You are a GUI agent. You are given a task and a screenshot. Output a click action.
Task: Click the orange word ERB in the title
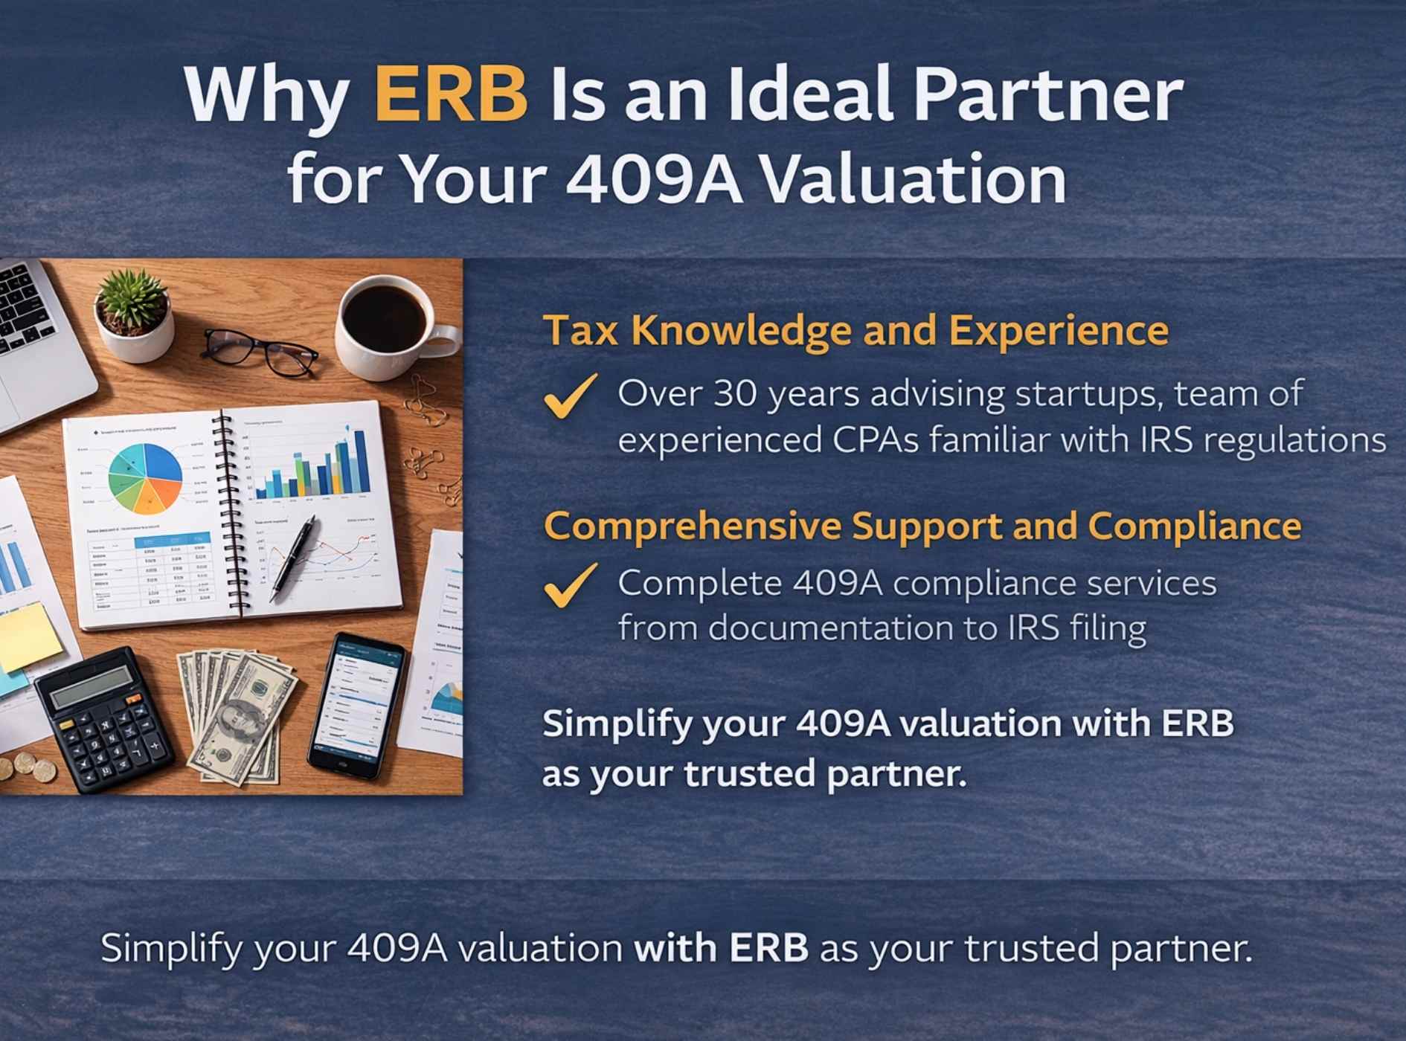coord(451,94)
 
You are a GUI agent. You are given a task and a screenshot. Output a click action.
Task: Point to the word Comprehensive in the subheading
coord(693,526)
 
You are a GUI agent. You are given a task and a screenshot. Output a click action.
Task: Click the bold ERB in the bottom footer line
coord(768,948)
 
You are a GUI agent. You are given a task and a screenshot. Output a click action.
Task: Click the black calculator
coord(104,718)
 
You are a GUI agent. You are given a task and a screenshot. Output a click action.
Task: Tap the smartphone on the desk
coord(358,703)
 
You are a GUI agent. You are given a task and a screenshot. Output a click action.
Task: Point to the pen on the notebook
coord(294,558)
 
